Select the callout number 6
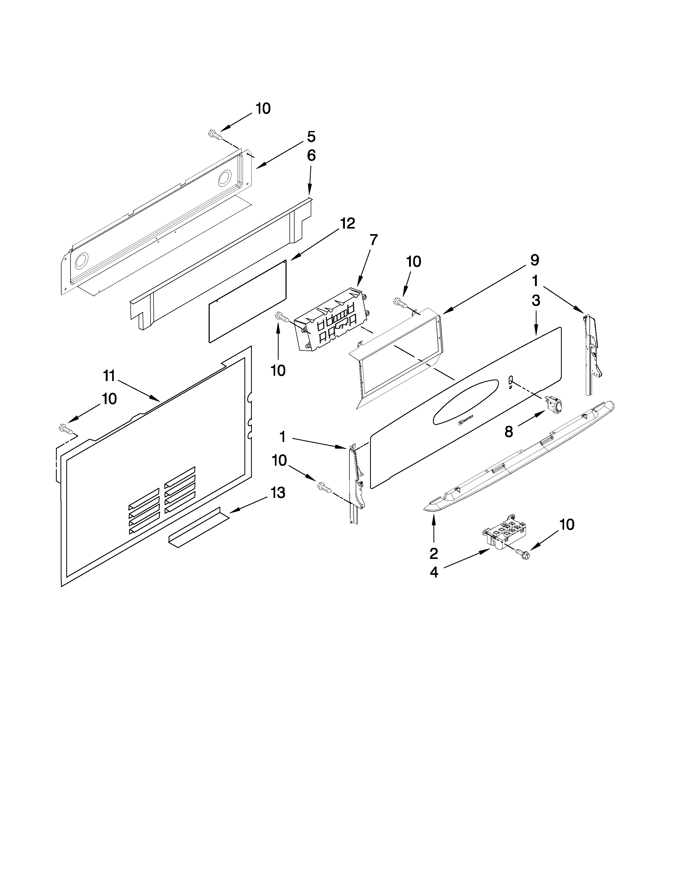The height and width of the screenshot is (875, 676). [x=311, y=155]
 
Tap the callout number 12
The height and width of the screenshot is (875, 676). [x=348, y=224]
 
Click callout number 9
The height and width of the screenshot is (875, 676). [x=535, y=260]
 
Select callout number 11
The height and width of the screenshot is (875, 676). [x=109, y=376]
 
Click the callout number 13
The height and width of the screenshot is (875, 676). [x=278, y=492]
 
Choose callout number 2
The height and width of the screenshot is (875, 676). [x=434, y=554]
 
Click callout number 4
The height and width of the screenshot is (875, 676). [x=434, y=572]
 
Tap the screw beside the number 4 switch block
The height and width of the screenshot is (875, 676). [x=523, y=555]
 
